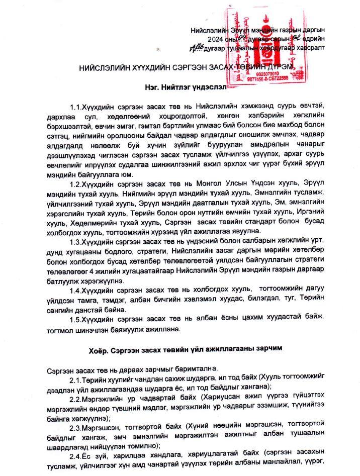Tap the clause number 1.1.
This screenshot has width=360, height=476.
pyautogui.click(x=75, y=107)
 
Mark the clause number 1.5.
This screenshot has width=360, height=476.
pyautogui.click(x=75, y=319)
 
